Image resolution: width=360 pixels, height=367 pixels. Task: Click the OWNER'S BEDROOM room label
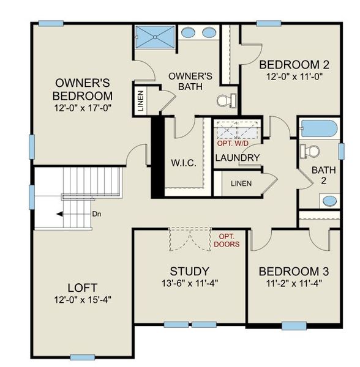click(x=83, y=89)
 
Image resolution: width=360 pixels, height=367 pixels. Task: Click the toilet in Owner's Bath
click(x=227, y=99)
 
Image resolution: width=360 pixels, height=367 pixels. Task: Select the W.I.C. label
click(x=184, y=164)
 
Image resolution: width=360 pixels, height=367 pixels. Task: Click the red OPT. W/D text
click(x=235, y=144)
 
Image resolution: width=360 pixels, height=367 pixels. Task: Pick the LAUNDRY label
click(x=238, y=158)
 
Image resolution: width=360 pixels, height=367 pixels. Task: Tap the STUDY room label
click(x=190, y=271)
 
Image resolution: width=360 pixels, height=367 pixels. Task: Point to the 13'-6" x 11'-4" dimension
click(x=190, y=283)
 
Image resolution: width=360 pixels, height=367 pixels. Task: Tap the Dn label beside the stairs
click(x=96, y=214)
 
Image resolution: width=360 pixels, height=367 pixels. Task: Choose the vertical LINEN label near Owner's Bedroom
click(x=140, y=102)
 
